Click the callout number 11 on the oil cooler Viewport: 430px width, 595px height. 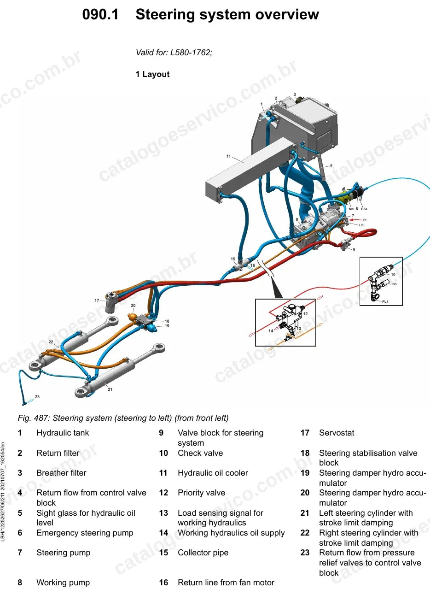point(229,156)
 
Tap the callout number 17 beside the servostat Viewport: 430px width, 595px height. point(97,300)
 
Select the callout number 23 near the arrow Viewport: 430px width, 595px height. point(37,396)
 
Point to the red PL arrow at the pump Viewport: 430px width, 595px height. point(355,220)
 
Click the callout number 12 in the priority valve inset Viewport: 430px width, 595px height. point(305,314)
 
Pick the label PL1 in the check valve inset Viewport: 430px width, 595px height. point(385,301)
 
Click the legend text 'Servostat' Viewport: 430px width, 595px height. point(337,433)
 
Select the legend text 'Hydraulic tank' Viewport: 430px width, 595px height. point(63,433)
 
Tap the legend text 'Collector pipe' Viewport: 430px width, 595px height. point(203,553)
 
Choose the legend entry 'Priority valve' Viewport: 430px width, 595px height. point(201,493)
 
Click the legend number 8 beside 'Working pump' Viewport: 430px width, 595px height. point(20,583)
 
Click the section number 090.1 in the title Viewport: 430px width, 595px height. point(100,14)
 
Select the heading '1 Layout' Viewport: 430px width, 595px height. point(152,74)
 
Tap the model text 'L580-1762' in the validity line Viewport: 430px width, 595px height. point(190,53)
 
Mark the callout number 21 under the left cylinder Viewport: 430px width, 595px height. point(110,389)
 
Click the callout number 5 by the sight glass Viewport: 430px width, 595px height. point(331,166)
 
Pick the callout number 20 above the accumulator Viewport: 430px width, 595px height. point(133,306)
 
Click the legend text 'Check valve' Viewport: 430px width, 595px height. point(200,453)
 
